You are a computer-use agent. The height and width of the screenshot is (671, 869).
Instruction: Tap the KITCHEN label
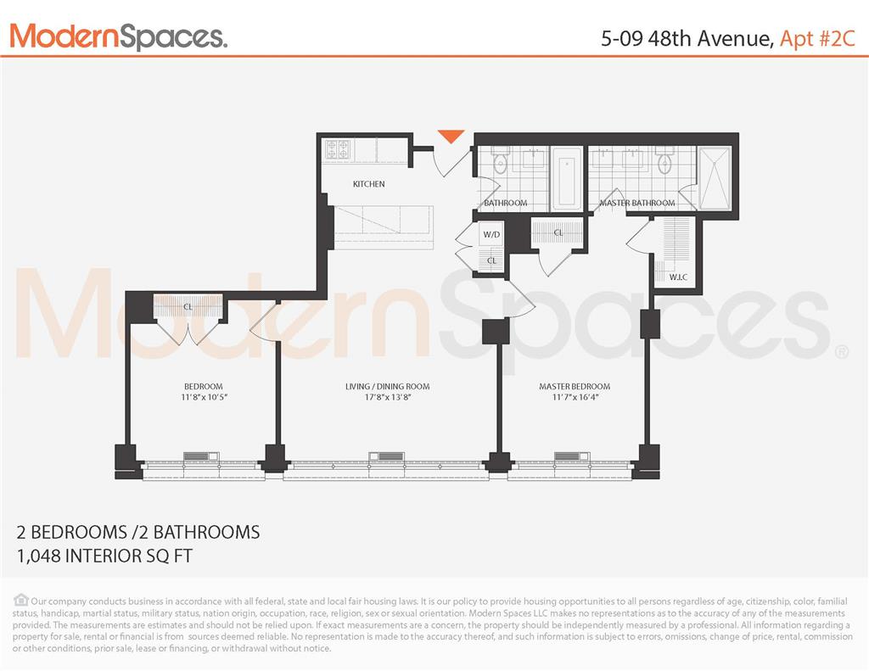(x=368, y=184)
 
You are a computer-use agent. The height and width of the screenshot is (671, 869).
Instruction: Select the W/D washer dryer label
(x=491, y=234)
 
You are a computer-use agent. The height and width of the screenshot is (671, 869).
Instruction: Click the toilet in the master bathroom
(x=664, y=161)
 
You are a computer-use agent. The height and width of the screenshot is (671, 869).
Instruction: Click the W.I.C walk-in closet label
(x=678, y=277)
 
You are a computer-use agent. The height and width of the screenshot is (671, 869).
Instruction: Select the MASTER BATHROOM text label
(x=637, y=204)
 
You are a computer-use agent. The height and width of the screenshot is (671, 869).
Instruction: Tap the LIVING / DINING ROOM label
(x=384, y=387)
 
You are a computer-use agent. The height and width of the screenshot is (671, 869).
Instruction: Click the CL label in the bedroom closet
(x=188, y=306)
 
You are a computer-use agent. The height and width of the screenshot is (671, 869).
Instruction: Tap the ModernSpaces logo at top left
(x=118, y=36)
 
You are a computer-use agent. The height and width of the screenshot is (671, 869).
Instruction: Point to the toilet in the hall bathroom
(x=500, y=162)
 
